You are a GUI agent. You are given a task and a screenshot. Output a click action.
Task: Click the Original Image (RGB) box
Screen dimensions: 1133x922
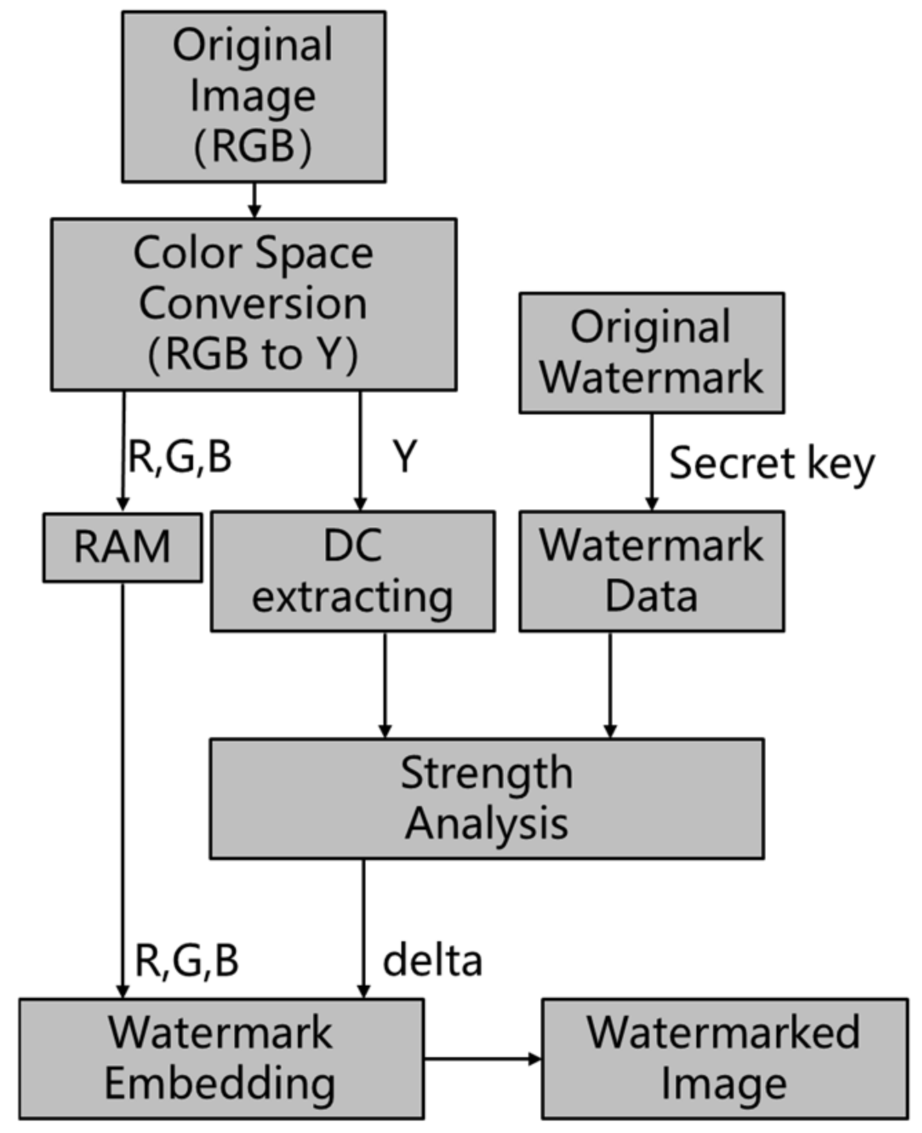(253, 97)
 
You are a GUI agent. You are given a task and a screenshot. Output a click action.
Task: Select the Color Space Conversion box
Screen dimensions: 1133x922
(253, 304)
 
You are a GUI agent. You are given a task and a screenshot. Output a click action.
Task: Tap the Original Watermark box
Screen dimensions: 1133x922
(651, 352)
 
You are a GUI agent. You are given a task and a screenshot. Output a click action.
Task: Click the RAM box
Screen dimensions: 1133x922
(123, 547)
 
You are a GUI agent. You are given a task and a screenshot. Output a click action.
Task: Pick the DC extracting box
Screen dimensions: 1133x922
(352, 571)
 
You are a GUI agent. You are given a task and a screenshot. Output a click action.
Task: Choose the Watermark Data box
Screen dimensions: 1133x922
(651, 571)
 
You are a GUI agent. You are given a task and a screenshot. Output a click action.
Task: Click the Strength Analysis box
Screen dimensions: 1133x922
(486, 798)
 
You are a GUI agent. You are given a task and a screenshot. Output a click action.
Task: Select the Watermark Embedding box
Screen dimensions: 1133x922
(221, 1058)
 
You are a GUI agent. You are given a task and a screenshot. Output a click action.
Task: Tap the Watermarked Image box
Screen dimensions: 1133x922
(724, 1058)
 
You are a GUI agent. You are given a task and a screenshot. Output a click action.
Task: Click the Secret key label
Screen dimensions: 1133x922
(771, 463)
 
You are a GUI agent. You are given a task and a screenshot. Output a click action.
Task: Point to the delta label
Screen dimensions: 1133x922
(432, 960)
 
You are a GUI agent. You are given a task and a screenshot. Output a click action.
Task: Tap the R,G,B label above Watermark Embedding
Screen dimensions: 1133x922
(186, 960)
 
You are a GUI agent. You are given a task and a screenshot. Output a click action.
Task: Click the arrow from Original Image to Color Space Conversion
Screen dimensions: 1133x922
(254, 200)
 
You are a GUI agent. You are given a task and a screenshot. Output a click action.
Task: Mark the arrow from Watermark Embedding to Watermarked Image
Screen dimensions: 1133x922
(482, 1059)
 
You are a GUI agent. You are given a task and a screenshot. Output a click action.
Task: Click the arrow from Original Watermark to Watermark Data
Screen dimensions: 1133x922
(652, 461)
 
